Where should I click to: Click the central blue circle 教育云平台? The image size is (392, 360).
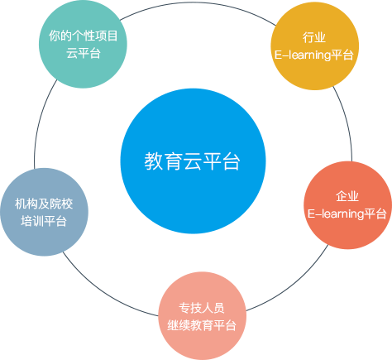(193, 161)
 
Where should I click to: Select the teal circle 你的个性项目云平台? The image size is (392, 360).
(83, 44)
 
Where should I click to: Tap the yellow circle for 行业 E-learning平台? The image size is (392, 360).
(314, 46)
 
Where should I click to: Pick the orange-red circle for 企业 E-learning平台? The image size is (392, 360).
(347, 205)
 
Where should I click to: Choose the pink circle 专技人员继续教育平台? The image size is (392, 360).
(202, 316)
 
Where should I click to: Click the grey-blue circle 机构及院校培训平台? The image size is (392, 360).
(44, 212)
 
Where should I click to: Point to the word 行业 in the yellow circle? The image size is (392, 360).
(314, 37)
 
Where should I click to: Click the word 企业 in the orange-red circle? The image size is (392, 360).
(347, 196)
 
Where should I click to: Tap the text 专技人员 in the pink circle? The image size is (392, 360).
(202, 308)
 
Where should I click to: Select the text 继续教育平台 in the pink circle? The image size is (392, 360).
(202, 325)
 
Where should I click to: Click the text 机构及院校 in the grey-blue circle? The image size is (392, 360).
(44, 204)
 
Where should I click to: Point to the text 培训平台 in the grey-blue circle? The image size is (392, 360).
(44, 221)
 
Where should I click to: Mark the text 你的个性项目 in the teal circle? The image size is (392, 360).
(84, 36)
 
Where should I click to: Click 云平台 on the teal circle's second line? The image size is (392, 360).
(84, 53)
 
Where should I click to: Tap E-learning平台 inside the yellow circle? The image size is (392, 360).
(314, 55)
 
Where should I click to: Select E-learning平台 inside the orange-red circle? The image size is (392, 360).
(347, 214)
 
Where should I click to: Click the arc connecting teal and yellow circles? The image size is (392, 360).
(197, 2)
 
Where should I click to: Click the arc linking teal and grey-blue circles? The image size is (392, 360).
(41, 122)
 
